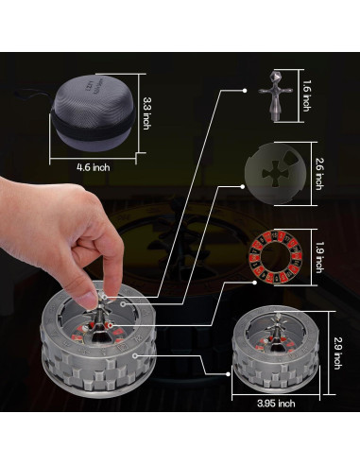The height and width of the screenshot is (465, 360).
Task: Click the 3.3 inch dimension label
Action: (146, 113)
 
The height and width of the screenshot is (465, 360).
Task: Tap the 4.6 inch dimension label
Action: (94, 167)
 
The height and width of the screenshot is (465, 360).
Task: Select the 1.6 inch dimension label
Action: (306, 95)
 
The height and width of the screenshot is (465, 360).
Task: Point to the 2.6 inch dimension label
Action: (319, 174)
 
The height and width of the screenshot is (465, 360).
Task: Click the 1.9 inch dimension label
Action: (319, 257)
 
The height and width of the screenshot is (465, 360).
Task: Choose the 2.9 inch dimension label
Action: (336, 353)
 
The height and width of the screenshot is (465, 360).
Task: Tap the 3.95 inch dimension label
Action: (276, 404)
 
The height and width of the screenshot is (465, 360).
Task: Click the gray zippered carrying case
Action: (94, 114)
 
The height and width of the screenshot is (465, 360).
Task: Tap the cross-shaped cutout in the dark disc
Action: (275, 173)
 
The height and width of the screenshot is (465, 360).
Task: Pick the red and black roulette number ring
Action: (276, 257)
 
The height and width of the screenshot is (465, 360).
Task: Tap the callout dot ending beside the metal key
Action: (245, 91)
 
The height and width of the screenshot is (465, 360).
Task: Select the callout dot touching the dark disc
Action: (243, 186)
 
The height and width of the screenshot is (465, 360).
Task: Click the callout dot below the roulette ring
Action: (254, 283)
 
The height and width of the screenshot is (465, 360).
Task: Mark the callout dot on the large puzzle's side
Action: (135, 355)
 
